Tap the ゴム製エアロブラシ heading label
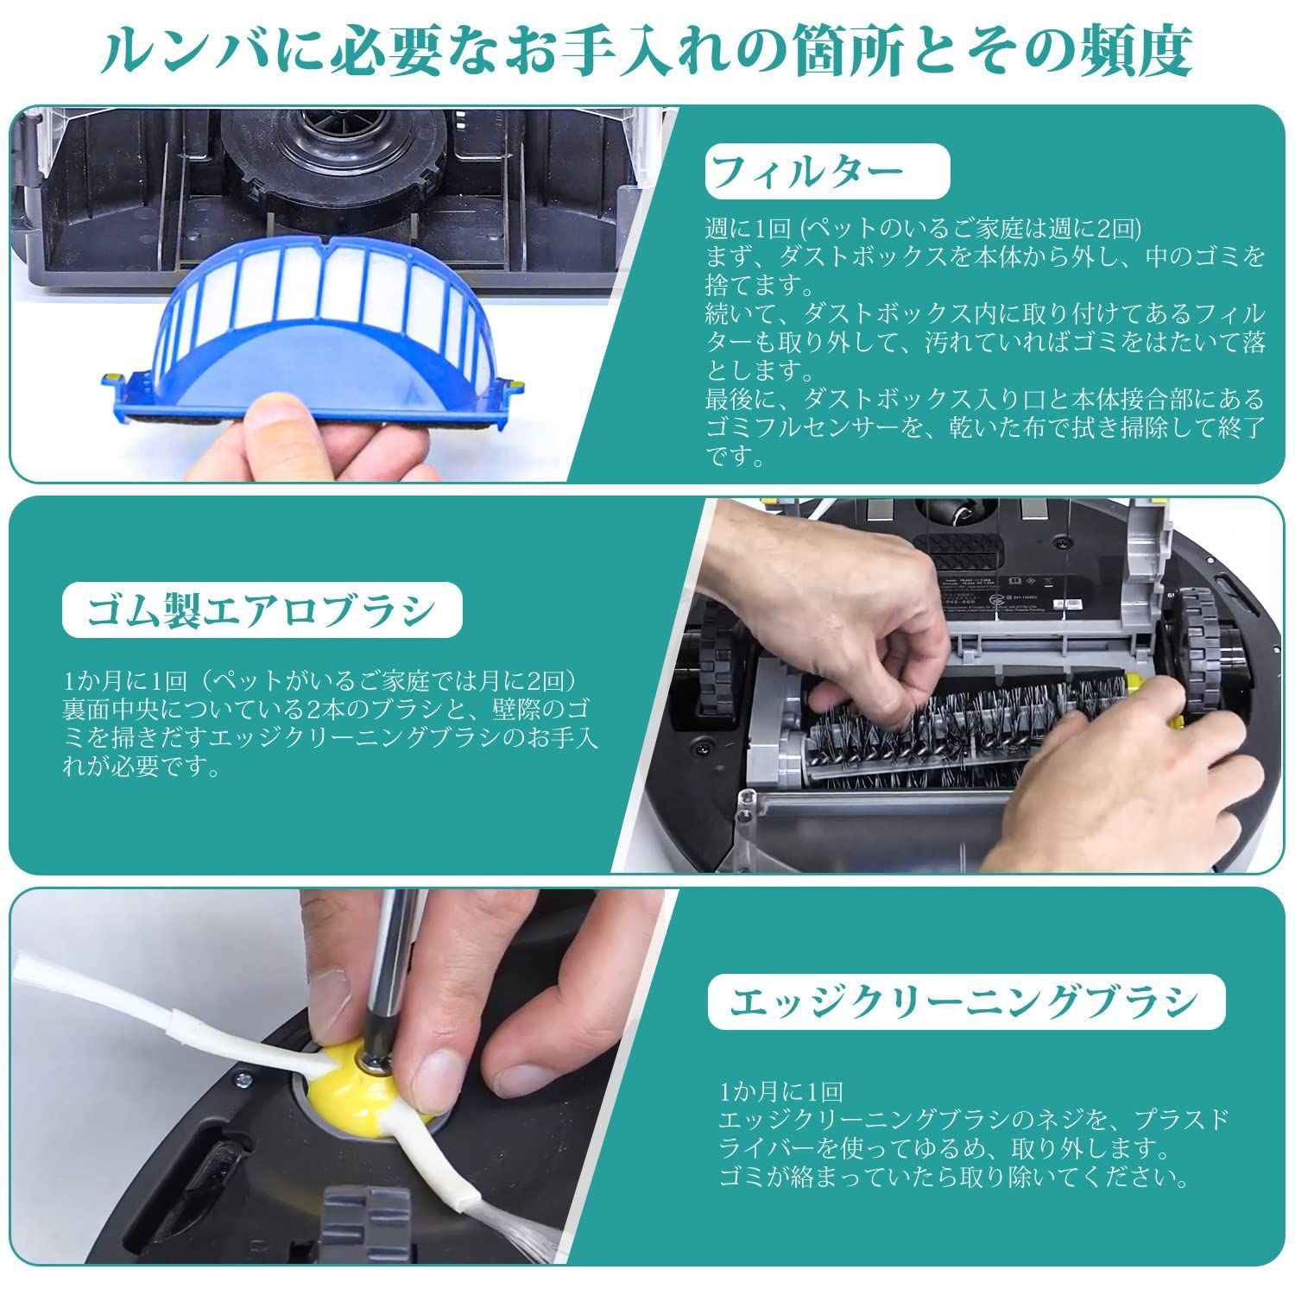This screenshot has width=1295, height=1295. pos(262,611)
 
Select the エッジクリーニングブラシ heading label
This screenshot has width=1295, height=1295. pos(964,1001)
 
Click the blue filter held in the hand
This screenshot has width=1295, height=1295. pos(324,328)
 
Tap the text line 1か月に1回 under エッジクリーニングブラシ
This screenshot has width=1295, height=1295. pos(781,1092)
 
